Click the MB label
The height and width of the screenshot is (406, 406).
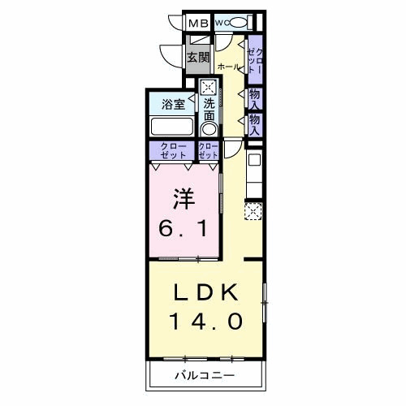[x=197, y=24]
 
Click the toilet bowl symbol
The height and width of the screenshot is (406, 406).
[x=237, y=23]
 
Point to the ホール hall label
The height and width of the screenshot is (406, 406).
[x=229, y=66]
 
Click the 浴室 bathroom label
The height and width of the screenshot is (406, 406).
[x=172, y=104]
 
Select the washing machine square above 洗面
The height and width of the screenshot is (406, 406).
[x=209, y=87]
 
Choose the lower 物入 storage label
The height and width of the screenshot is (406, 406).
[x=255, y=123]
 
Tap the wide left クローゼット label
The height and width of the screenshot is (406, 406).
[x=171, y=151]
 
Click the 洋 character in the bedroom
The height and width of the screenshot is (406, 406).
[x=183, y=198]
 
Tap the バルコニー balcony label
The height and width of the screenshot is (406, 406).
[x=205, y=376]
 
